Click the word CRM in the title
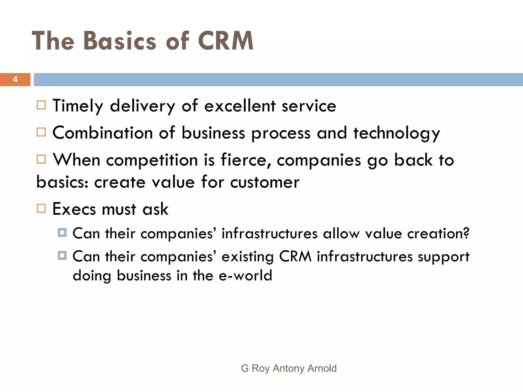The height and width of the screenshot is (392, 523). (x=226, y=41)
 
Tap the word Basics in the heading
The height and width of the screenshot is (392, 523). (x=120, y=41)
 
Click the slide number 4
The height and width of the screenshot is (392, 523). (x=15, y=79)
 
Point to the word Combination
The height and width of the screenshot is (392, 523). (x=102, y=133)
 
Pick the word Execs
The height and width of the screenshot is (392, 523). (x=74, y=209)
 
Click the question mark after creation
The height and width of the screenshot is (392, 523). (x=466, y=233)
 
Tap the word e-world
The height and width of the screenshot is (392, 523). (x=245, y=276)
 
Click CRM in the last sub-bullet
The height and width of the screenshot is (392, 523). (x=295, y=256)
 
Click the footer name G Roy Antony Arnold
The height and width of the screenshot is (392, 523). (x=289, y=368)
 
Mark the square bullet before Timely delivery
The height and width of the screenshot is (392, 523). (x=41, y=105)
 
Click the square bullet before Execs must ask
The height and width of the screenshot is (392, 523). (x=41, y=208)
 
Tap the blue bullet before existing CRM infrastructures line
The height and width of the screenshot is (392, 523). (x=62, y=255)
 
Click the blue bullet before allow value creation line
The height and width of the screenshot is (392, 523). (x=62, y=232)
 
